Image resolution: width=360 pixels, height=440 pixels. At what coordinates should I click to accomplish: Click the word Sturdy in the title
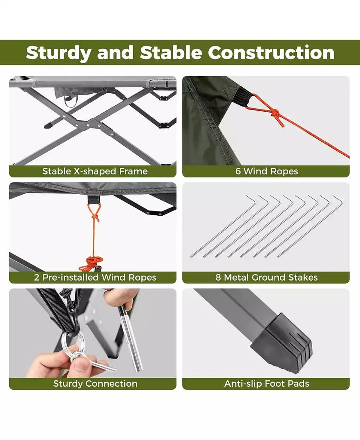[x=58, y=52]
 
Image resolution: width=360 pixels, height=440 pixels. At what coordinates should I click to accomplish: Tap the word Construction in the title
[x=271, y=52]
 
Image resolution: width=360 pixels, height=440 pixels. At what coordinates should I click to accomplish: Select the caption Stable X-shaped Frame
[x=95, y=171]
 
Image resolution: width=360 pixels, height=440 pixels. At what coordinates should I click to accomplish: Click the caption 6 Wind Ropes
[x=266, y=171]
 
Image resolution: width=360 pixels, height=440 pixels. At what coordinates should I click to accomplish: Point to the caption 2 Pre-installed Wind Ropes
[x=95, y=278]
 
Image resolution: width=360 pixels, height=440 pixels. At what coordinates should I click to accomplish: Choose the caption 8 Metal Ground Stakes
[x=266, y=278]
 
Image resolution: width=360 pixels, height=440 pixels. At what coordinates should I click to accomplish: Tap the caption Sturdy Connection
[x=95, y=384]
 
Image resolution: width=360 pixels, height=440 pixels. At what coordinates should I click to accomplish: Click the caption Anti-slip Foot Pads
[x=266, y=384]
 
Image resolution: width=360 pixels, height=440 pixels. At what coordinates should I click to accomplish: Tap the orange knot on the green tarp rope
[x=275, y=115]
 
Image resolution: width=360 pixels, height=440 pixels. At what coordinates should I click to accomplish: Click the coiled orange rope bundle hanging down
[x=91, y=261]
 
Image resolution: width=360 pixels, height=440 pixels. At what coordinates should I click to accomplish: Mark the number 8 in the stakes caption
[x=218, y=278]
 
